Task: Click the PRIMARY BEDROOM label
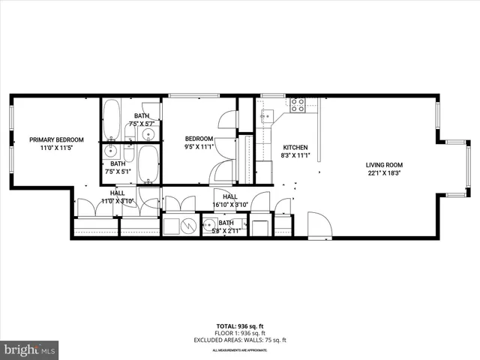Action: coord(56,139)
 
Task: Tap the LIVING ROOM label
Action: coord(384,165)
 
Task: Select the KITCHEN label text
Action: coord(295,147)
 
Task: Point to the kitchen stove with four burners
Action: coord(298,105)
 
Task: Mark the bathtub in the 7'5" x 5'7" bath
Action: coord(111,117)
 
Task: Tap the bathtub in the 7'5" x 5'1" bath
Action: coord(148,163)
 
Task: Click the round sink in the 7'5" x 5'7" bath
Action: coord(148,135)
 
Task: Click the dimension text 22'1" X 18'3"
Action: coord(384,173)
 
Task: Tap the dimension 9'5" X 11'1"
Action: coord(200,147)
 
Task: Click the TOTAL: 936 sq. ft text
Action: coord(239,326)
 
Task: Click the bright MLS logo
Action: coord(30,349)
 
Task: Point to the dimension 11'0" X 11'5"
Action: coord(56,148)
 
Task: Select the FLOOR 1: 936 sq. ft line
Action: coord(239,332)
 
